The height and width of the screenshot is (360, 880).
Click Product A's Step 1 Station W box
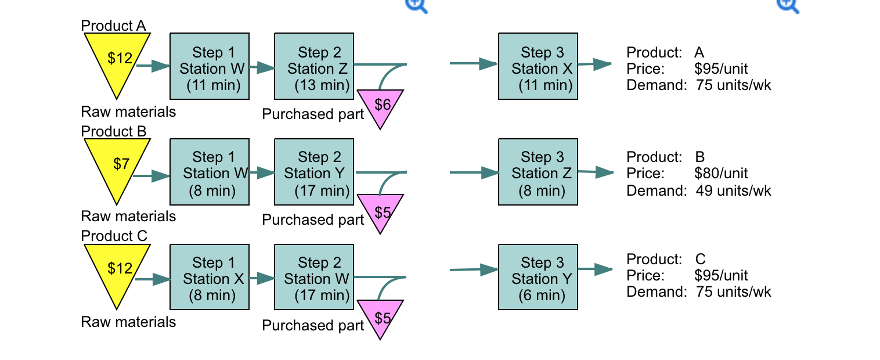coord(209,66)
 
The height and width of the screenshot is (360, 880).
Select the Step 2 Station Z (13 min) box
coord(313,66)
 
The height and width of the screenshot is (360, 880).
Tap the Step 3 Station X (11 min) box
coord(538,66)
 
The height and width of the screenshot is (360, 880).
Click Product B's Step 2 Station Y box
coord(313,172)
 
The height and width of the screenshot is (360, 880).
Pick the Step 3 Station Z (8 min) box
coord(538,172)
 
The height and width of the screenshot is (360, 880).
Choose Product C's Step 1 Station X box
coord(209,277)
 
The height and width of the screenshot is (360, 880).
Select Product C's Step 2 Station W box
coord(313,277)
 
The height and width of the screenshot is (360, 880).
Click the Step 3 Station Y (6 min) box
coord(538,277)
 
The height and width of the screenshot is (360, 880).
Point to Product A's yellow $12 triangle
coord(118,60)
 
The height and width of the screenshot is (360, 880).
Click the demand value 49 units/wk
coord(733,190)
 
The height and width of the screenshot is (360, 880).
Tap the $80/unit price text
coord(720,173)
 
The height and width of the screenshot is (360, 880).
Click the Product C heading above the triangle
coord(114,236)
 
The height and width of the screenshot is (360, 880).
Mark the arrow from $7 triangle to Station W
coord(151,176)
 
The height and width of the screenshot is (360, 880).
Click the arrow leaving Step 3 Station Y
coord(595,269)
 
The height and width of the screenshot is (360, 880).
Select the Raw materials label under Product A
coord(128,111)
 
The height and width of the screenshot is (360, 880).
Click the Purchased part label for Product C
coord(313,326)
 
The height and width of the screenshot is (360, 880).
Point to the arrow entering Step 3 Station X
coord(474,64)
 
